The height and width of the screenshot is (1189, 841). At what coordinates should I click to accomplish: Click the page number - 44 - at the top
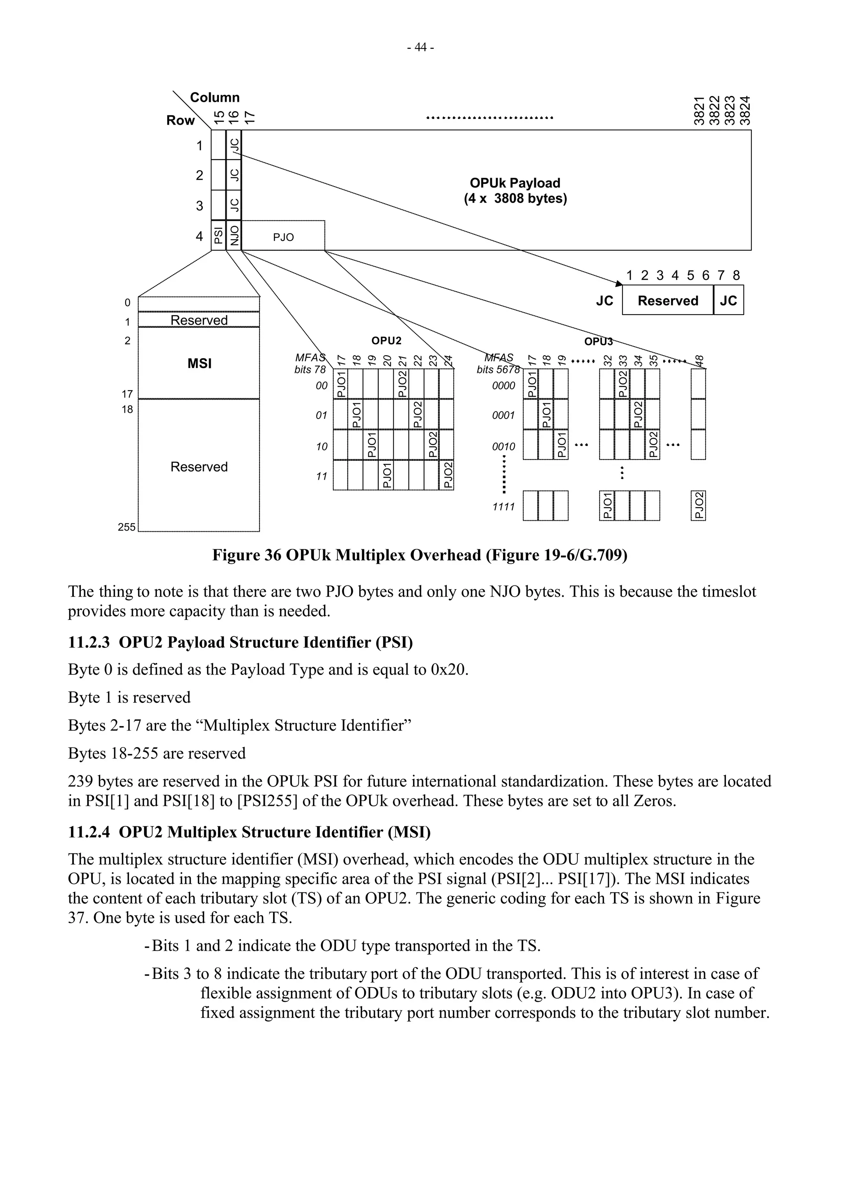pyautogui.click(x=420, y=48)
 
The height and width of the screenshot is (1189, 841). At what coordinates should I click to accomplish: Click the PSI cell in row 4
pyautogui.click(x=219, y=236)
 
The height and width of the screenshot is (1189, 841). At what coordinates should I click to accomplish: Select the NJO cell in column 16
pyautogui.click(x=234, y=236)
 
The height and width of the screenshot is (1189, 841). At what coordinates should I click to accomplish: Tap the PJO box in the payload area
pyautogui.click(x=283, y=237)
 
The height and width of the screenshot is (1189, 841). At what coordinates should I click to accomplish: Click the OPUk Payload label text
pyautogui.click(x=515, y=183)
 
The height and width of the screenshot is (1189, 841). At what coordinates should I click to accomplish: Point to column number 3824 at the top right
pyautogui.click(x=744, y=110)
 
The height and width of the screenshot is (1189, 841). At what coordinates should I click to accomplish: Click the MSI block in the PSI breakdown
pyautogui.click(x=199, y=364)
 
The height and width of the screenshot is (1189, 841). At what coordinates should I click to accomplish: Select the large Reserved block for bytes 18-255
pyautogui.click(x=199, y=466)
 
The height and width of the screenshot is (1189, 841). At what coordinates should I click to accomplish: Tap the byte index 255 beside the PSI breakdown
pyautogui.click(x=126, y=527)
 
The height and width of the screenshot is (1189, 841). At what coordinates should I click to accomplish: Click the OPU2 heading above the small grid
pyautogui.click(x=386, y=341)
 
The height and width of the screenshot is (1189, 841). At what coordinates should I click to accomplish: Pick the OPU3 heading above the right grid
pyautogui.click(x=598, y=341)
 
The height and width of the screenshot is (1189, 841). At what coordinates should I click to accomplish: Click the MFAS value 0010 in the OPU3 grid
pyautogui.click(x=503, y=446)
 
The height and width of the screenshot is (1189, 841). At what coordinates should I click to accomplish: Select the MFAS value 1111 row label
pyautogui.click(x=503, y=506)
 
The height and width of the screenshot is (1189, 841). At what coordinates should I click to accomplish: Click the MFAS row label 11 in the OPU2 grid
pyautogui.click(x=321, y=476)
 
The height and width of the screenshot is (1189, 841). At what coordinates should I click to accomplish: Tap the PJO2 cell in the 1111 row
pyautogui.click(x=698, y=505)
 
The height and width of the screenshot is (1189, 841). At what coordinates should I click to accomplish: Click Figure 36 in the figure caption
pyautogui.click(x=246, y=555)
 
